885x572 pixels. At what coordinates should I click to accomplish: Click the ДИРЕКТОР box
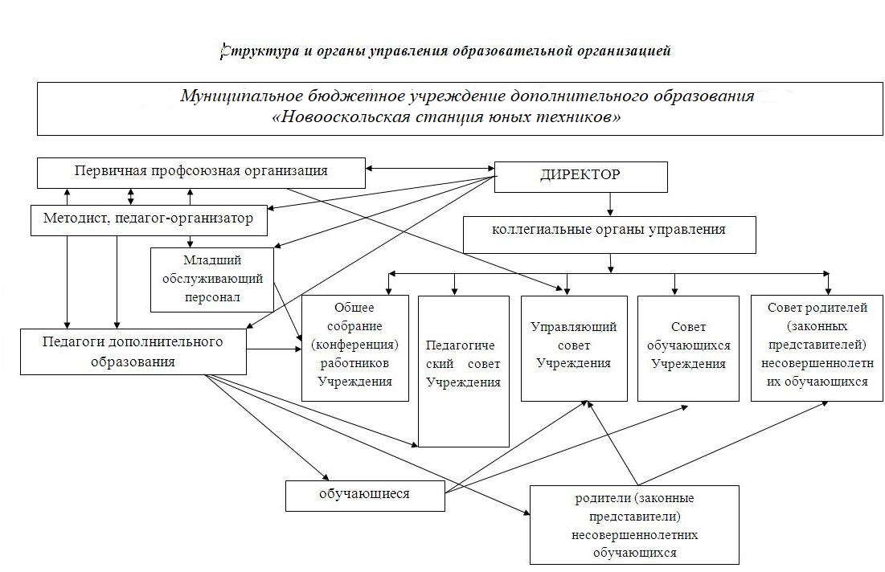point(580,177)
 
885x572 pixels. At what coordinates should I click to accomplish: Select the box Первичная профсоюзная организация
point(201,171)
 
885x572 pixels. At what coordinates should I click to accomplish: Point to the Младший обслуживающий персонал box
point(212,279)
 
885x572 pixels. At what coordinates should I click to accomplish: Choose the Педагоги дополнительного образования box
point(133,352)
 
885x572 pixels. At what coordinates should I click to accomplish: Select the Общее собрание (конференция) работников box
point(355,347)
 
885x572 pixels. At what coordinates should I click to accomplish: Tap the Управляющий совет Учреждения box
point(573,347)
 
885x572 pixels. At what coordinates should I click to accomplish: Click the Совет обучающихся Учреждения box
point(688,347)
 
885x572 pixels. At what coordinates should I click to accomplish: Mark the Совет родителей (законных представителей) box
point(816,347)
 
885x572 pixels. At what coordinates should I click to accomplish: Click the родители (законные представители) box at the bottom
point(633,524)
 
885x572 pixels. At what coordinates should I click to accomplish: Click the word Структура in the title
point(249,51)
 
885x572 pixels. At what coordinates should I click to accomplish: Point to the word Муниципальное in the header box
point(240,96)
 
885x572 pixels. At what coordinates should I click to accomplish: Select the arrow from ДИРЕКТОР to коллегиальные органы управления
point(609,204)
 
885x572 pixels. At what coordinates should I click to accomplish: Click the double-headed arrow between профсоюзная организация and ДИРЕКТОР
point(429,169)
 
